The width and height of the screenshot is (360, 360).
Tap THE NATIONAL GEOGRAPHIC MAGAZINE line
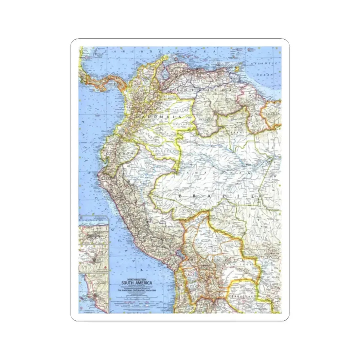click(135, 290)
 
